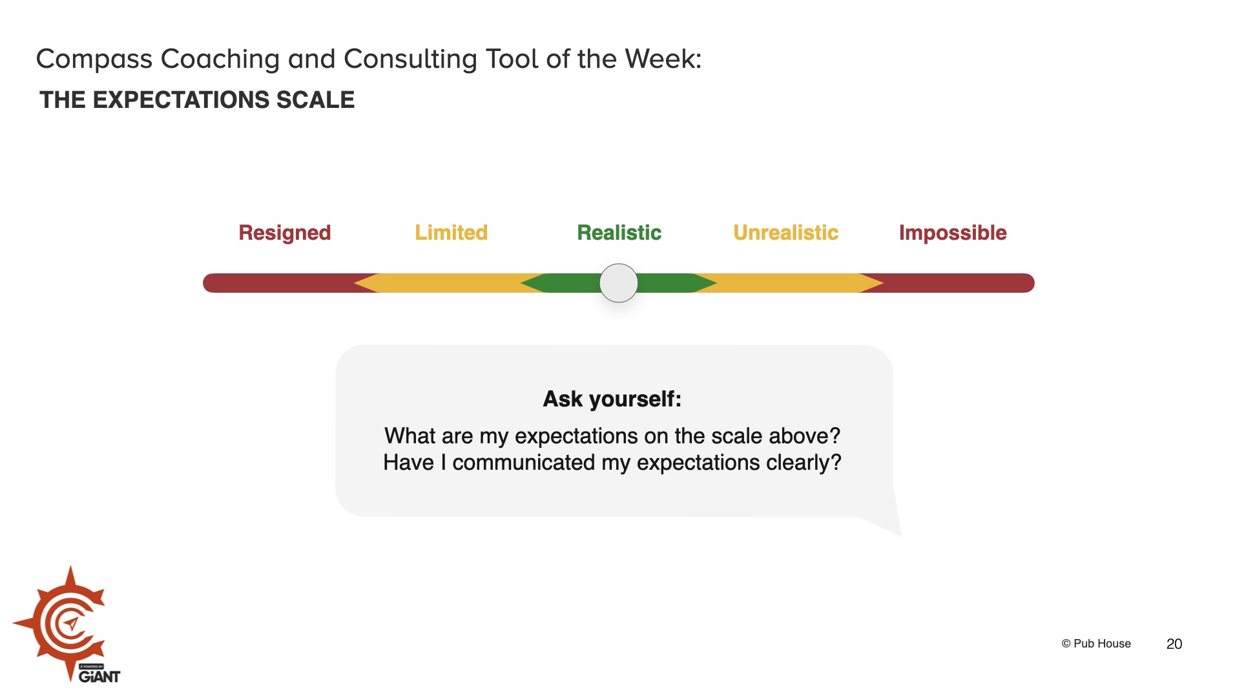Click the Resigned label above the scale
284,233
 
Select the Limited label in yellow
451,233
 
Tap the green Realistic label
619,233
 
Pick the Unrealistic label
785,233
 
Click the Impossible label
953,233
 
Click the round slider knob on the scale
619,283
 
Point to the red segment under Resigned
278,283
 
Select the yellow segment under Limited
451,283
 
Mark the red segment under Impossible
956,283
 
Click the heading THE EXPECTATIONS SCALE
197,100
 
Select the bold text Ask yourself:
612,399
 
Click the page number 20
1174,644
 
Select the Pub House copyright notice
1096,644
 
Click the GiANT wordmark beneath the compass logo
99,677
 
